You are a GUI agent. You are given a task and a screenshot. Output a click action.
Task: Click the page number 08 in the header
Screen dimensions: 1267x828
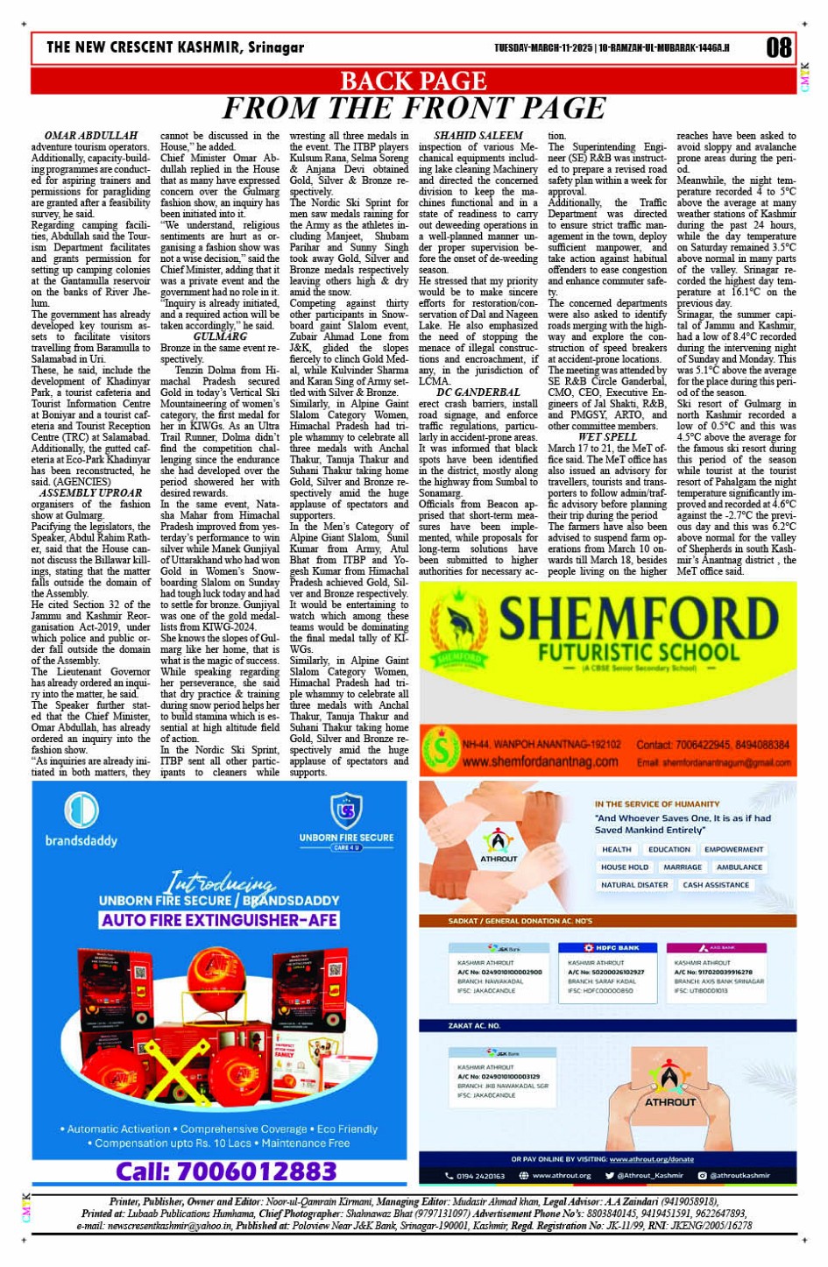pos(778,47)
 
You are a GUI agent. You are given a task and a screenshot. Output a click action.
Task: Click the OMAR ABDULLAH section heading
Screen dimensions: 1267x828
pos(90,136)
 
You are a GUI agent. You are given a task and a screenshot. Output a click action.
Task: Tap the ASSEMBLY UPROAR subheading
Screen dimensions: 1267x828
pos(90,492)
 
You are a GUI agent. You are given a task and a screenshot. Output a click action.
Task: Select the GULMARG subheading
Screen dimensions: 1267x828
pos(220,336)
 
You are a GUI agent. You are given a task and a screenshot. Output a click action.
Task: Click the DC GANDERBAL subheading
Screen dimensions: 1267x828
pos(478,392)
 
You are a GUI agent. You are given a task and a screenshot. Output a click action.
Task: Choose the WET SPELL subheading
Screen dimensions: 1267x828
pos(607,436)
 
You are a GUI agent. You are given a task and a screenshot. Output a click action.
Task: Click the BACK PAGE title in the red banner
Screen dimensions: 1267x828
pos(413,81)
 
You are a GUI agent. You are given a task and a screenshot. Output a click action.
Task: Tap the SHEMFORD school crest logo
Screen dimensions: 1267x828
pos(459,637)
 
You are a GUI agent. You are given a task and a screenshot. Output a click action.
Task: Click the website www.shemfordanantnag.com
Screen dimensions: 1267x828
pos(541,761)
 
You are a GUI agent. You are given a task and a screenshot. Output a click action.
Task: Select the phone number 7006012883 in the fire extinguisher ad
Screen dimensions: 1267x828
pos(226,1171)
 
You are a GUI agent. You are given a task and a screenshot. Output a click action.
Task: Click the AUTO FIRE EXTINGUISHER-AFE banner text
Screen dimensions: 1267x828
pos(219,920)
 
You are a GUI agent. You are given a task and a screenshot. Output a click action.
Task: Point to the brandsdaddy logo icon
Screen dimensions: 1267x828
pos(81,809)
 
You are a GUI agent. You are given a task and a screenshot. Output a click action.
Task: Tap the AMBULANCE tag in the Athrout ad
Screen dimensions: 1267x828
pos(739,867)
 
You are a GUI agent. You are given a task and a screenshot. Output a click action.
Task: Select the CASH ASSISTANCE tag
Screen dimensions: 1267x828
pos(716,885)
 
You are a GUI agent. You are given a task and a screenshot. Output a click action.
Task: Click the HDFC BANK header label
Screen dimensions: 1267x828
pos(612,948)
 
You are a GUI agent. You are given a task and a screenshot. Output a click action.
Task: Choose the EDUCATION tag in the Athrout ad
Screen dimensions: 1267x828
pos(669,849)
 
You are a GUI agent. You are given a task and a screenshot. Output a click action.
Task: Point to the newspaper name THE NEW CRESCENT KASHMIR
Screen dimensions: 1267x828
pos(175,47)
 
